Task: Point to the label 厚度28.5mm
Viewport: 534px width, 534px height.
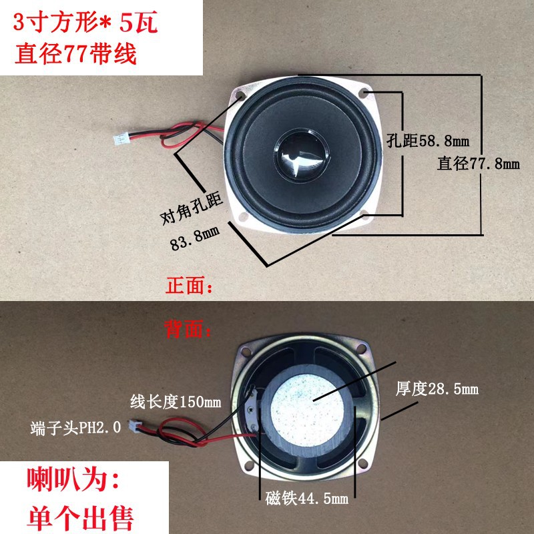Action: [437, 388]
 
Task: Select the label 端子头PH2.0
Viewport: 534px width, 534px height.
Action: [75, 427]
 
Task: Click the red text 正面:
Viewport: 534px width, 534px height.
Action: [190, 288]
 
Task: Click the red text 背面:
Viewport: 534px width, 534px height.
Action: [190, 328]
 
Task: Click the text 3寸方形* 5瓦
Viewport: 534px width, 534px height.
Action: [87, 24]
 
